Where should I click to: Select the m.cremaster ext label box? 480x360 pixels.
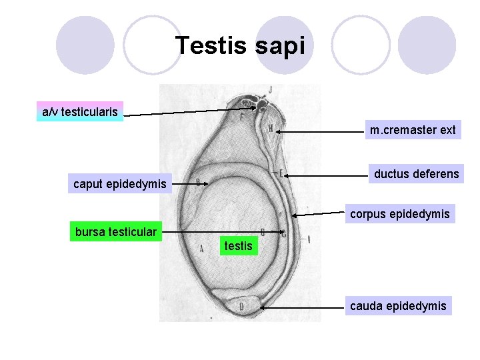click(x=413, y=130)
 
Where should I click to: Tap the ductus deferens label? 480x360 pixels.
click(x=416, y=174)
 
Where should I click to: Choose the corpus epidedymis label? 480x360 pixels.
click(x=400, y=214)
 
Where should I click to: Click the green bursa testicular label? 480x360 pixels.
click(x=116, y=232)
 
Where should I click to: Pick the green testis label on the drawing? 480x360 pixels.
click(x=238, y=246)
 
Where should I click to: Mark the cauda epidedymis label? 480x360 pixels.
click(x=398, y=306)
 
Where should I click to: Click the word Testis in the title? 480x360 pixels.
click(x=211, y=46)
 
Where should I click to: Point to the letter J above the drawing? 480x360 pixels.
click(x=270, y=89)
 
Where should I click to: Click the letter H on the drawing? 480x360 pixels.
click(x=270, y=129)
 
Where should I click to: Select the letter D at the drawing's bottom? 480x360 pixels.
click(x=241, y=306)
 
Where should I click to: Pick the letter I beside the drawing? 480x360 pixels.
click(x=309, y=238)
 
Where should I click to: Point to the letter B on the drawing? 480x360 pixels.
click(x=198, y=181)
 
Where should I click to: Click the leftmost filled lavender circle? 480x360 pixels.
click(x=85, y=45)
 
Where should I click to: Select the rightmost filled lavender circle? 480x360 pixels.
click(x=427, y=45)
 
